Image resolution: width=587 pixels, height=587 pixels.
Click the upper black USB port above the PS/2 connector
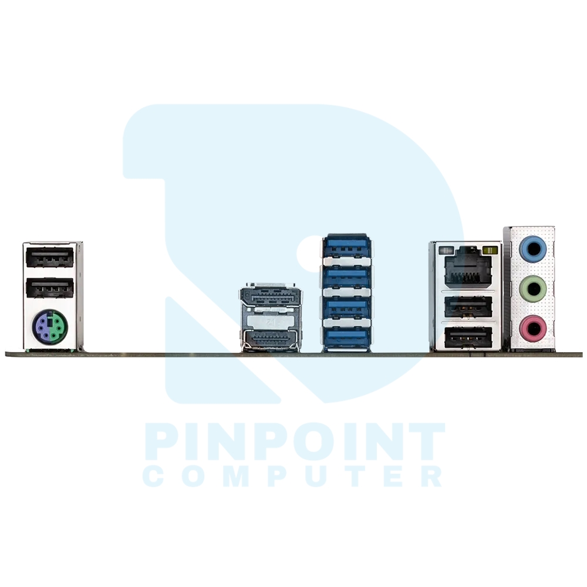[x=50, y=257]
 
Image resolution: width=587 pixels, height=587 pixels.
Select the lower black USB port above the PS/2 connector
[x=50, y=288]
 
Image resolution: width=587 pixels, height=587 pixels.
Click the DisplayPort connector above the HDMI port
[x=271, y=296]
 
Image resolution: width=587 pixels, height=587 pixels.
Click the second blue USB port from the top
[x=347, y=276]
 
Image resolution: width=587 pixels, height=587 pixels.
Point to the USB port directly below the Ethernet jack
[x=468, y=306]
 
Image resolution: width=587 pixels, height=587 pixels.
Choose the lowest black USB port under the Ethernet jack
[x=468, y=337]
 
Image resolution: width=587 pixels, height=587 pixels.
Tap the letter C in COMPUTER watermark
[x=153, y=476]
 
